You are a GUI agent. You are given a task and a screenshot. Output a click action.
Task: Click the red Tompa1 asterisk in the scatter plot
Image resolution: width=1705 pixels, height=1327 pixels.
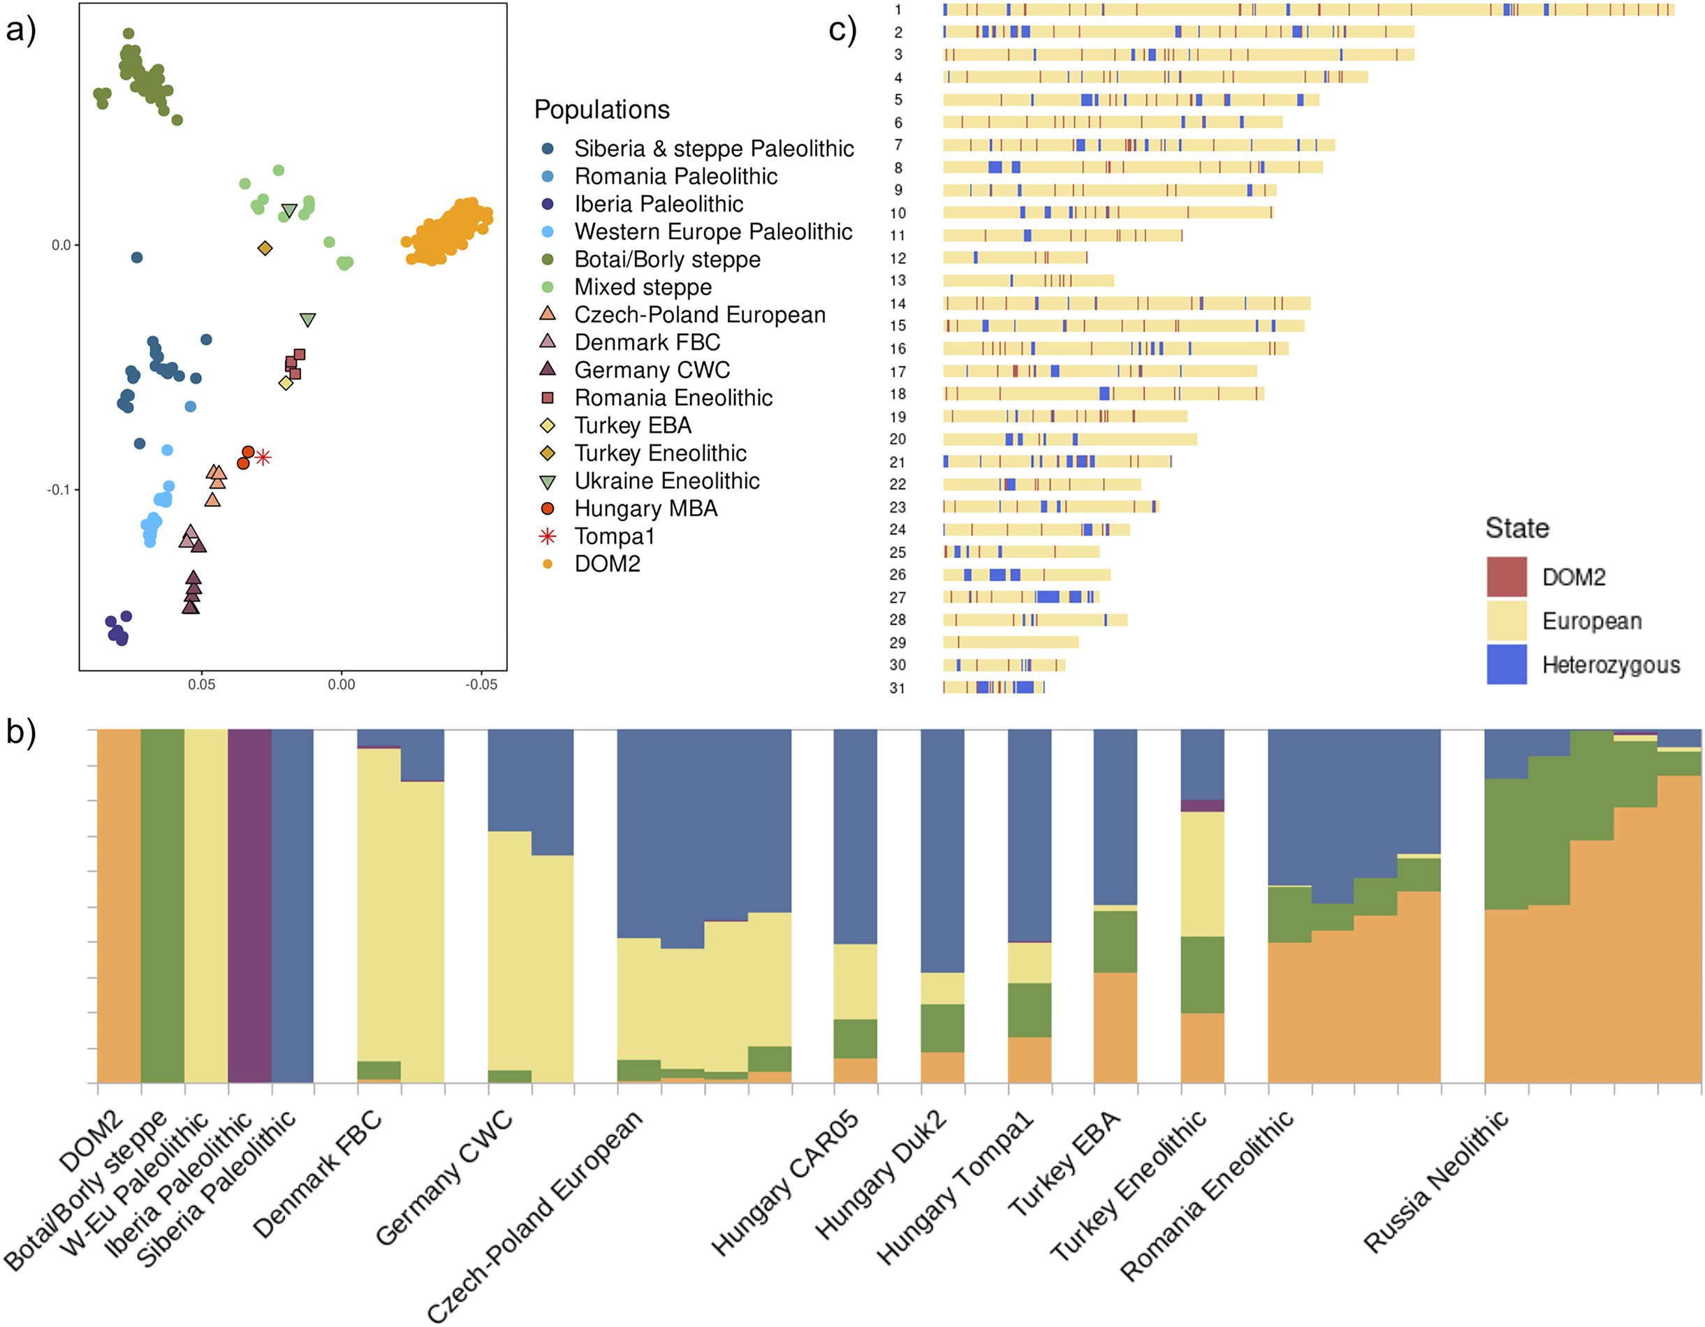click(263, 457)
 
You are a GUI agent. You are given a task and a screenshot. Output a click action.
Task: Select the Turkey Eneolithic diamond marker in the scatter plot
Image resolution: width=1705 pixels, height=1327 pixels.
click(265, 248)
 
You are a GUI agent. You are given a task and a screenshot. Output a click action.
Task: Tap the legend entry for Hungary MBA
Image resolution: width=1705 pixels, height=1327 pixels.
click(645, 509)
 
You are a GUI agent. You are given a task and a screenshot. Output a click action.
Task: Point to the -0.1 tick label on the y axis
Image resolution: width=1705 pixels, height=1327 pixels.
click(59, 490)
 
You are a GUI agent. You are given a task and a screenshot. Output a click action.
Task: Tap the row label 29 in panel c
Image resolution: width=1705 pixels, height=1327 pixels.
click(898, 643)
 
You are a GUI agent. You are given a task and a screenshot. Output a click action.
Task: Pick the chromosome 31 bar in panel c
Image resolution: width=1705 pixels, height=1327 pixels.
click(993, 688)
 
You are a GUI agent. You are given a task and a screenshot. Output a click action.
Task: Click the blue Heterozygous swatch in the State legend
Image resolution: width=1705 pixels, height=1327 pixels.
click(1506, 665)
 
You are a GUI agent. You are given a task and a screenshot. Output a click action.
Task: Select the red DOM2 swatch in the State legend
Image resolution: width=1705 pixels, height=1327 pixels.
click(1506, 577)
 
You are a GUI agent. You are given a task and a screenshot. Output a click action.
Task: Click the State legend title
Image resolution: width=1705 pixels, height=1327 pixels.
click(1516, 529)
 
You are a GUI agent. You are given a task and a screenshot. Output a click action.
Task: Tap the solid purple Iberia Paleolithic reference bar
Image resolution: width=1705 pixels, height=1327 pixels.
click(249, 905)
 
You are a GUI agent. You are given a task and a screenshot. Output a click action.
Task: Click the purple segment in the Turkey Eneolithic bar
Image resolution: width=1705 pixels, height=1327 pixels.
click(1201, 805)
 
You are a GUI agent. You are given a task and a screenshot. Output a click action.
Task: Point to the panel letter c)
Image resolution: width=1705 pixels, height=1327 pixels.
click(842, 31)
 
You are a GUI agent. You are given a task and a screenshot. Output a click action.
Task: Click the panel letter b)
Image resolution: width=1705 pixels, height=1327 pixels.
click(21, 732)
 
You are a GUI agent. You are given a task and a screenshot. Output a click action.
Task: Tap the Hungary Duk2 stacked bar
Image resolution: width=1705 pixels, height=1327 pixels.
click(942, 905)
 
